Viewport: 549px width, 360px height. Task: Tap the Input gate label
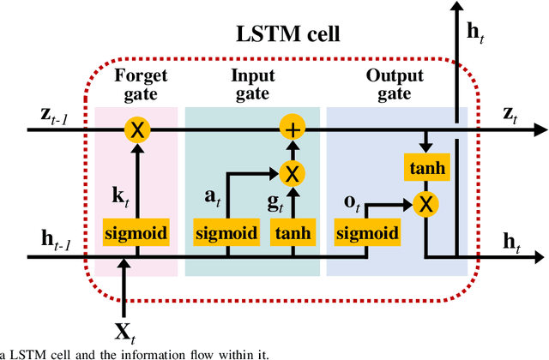coord(253,83)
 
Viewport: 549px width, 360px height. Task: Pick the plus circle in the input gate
coord(293,130)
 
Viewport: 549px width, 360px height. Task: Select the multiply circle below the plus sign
coord(293,174)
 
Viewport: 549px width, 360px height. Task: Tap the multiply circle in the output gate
coord(425,204)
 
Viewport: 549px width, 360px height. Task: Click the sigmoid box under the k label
coord(136,232)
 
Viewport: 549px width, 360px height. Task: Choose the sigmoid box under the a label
coord(226,232)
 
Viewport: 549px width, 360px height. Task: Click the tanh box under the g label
coord(293,232)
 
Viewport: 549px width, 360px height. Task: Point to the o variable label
coord(352,203)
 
